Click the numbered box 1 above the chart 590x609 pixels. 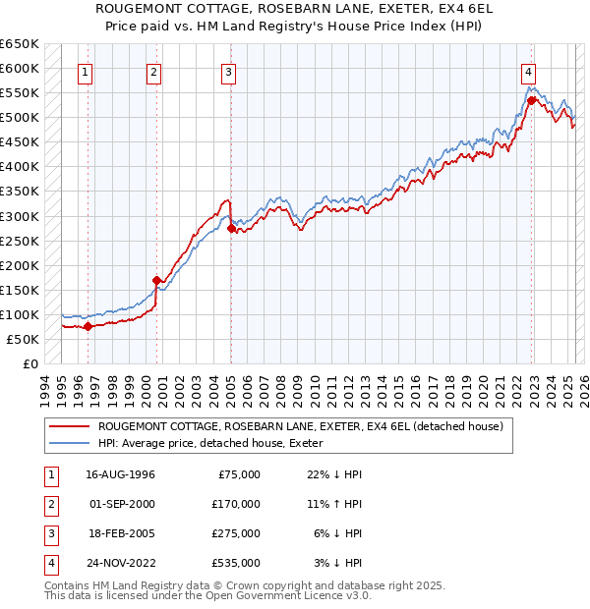87,71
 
